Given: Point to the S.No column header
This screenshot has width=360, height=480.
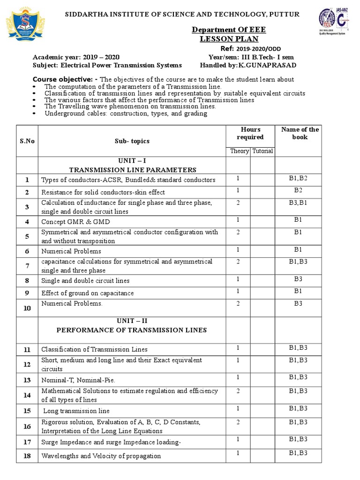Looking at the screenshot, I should pos(27,140).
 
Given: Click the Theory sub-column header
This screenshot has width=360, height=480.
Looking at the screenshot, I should pos(239,151).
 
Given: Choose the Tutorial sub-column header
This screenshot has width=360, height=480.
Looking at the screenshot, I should pos(262,151).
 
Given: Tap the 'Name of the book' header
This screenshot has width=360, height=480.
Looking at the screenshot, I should pos(300,133).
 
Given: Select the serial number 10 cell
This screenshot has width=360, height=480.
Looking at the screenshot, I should pos(27,308).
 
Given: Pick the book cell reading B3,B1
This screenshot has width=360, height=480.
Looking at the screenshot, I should pos(300,202).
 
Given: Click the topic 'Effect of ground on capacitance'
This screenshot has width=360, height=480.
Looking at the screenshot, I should pos(87,293).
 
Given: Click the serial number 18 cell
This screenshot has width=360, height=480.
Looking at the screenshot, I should pos(27,456).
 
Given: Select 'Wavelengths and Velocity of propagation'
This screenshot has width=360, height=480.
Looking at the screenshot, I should pos(101,456).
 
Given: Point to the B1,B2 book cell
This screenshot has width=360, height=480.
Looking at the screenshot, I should pos(300,178).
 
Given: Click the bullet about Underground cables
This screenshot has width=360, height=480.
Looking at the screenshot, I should pos(126,113).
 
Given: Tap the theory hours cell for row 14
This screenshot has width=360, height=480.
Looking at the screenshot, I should pos(238,390).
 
